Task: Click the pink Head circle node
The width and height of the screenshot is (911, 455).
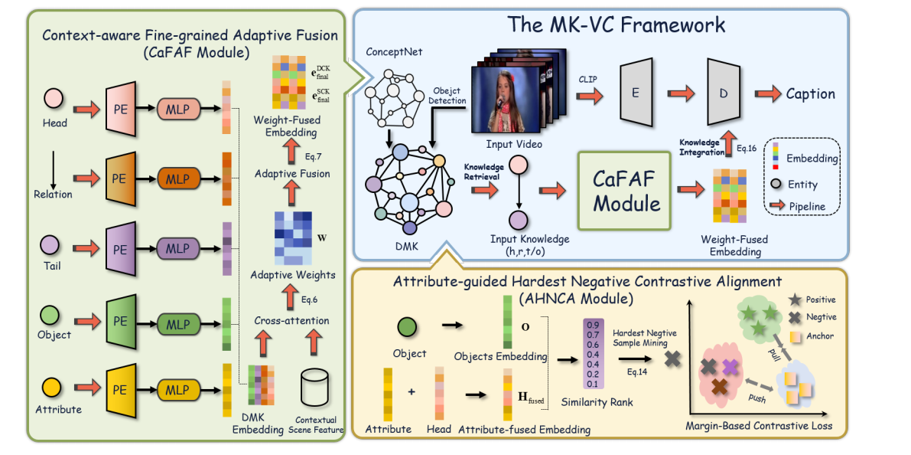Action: (54, 99)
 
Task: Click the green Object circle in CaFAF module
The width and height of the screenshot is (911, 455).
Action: (54, 314)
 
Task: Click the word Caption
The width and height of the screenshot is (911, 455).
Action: (810, 94)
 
